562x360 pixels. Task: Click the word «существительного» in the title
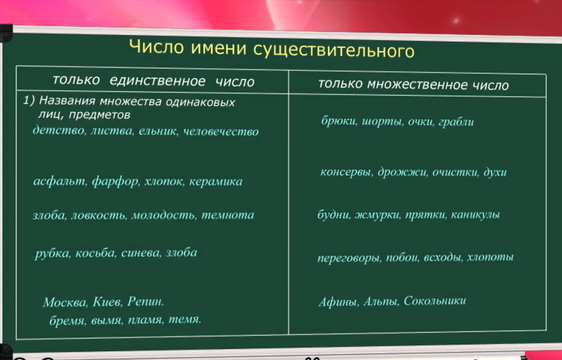334,50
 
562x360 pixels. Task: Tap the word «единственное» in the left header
157,81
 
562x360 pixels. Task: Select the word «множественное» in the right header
418,85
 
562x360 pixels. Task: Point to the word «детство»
59,130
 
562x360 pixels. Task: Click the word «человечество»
221,132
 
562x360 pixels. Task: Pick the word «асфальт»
60,181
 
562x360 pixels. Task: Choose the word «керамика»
216,181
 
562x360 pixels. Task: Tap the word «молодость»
164,215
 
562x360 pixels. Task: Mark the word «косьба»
95,253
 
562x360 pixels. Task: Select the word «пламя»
144,320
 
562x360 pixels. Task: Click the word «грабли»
456,122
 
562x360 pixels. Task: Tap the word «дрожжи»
402,172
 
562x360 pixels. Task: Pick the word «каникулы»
475,215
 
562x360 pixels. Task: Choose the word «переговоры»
349,258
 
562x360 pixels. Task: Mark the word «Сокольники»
435,301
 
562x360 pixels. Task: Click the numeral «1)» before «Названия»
29,100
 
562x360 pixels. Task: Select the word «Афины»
338,301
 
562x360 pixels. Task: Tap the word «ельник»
158,131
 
